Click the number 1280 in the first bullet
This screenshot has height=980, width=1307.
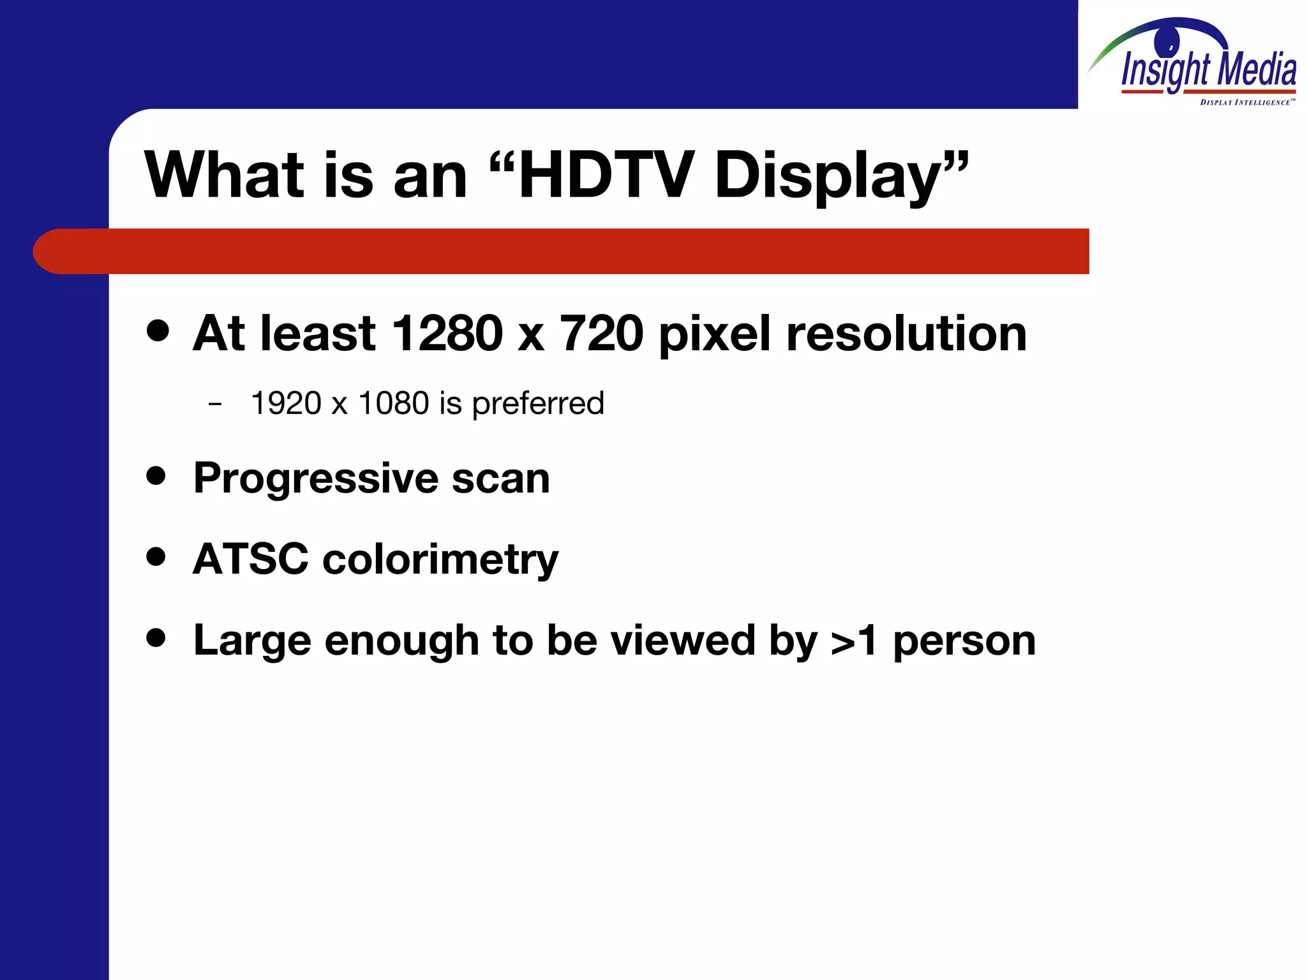pyautogui.click(x=447, y=333)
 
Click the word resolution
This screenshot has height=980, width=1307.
pyautogui.click(x=906, y=333)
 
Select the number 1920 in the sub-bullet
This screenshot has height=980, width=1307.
pyautogui.click(x=286, y=403)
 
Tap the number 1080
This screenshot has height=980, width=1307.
pyautogui.click(x=394, y=403)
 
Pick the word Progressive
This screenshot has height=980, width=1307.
pyautogui.click(x=316, y=479)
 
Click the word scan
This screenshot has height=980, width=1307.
pyautogui.click(x=500, y=479)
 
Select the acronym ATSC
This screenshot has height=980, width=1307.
pyautogui.click(x=250, y=559)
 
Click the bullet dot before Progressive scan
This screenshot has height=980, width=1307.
pyautogui.click(x=156, y=475)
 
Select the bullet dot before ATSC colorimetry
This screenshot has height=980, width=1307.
pyautogui.click(x=156, y=556)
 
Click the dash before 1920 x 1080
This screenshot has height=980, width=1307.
pyautogui.click(x=215, y=404)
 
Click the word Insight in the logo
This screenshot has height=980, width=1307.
pyautogui.click(x=1165, y=70)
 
